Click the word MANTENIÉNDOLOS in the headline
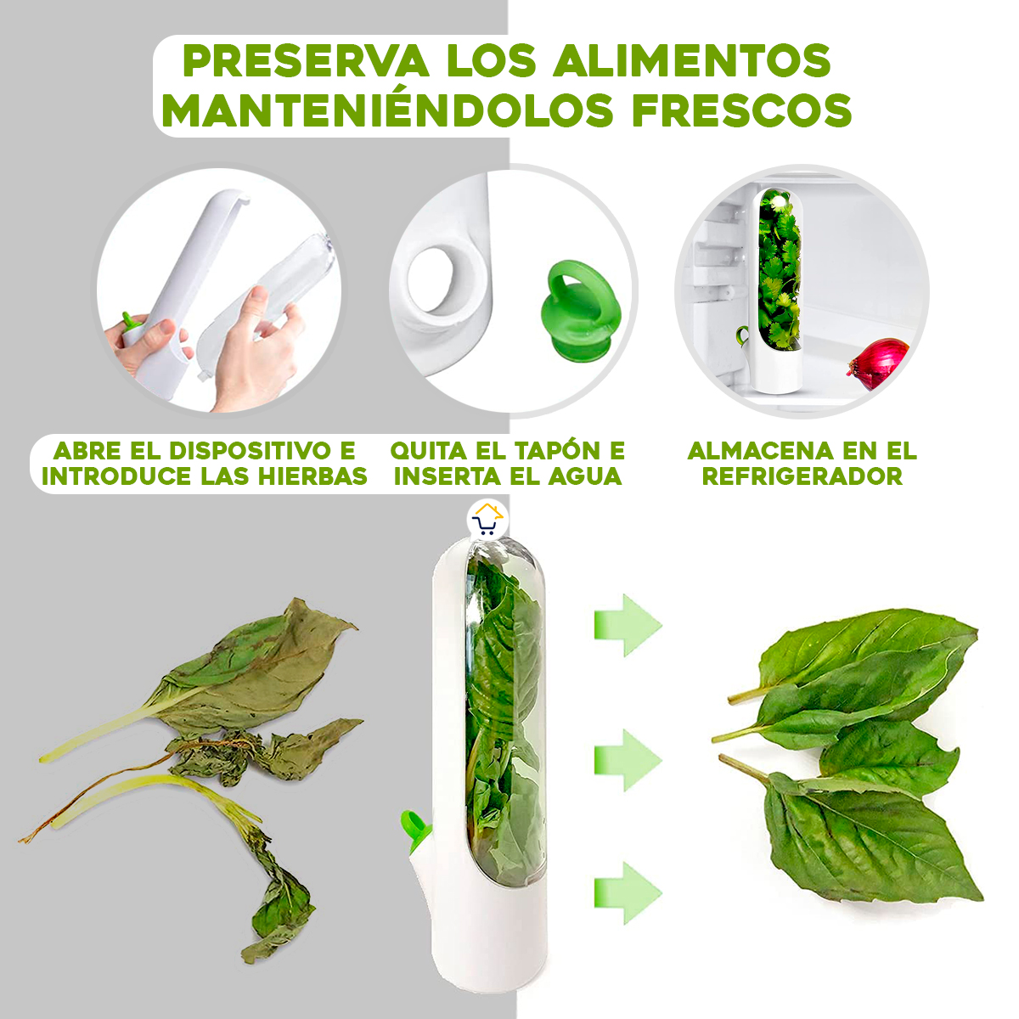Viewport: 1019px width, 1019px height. tap(387, 111)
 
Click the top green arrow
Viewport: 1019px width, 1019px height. tap(627, 625)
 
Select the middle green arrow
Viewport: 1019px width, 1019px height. tap(627, 758)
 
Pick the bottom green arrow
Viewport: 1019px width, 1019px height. tap(627, 892)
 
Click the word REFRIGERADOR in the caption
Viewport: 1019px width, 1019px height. tap(802, 476)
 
